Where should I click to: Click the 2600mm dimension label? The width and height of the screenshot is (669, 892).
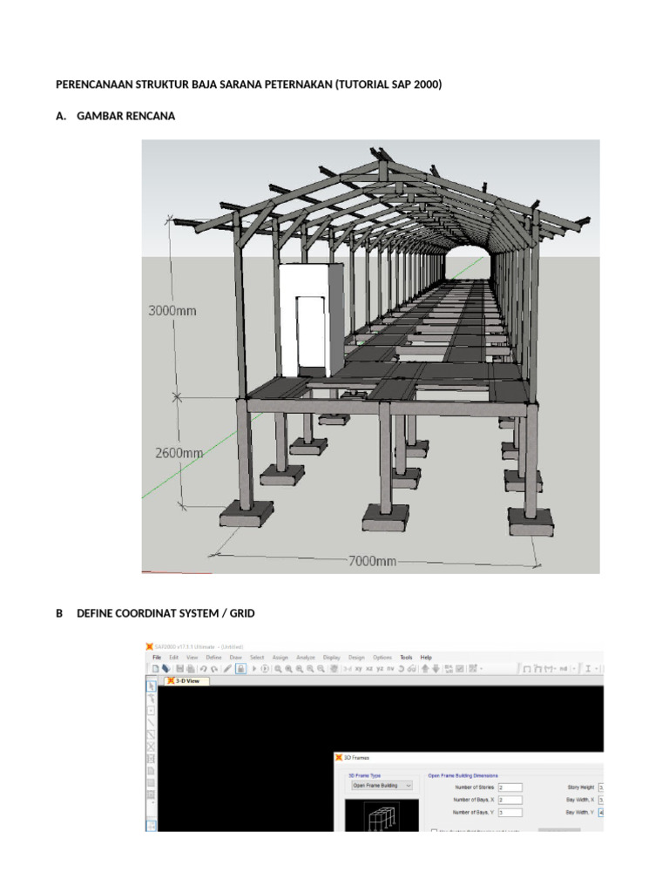(x=178, y=453)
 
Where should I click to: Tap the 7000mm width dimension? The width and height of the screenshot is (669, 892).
(x=372, y=561)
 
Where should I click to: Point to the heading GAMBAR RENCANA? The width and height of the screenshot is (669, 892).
(x=125, y=116)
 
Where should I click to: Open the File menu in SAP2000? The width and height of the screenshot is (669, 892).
(x=157, y=657)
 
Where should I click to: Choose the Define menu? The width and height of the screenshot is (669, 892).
(x=213, y=657)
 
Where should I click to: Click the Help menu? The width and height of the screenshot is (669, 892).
(x=426, y=657)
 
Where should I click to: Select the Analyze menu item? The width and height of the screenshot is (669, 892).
(x=306, y=657)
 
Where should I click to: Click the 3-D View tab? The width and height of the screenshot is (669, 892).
(x=187, y=681)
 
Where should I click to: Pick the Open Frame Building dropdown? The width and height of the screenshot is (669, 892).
(x=382, y=785)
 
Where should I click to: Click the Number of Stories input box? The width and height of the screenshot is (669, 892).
(x=509, y=787)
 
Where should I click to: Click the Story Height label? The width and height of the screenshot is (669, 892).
(x=580, y=787)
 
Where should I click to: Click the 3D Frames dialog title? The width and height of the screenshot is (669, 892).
(x=356, y=758)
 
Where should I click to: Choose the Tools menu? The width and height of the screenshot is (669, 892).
(x=407, y=657)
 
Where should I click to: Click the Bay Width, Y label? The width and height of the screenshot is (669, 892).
(x=580, y=813)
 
